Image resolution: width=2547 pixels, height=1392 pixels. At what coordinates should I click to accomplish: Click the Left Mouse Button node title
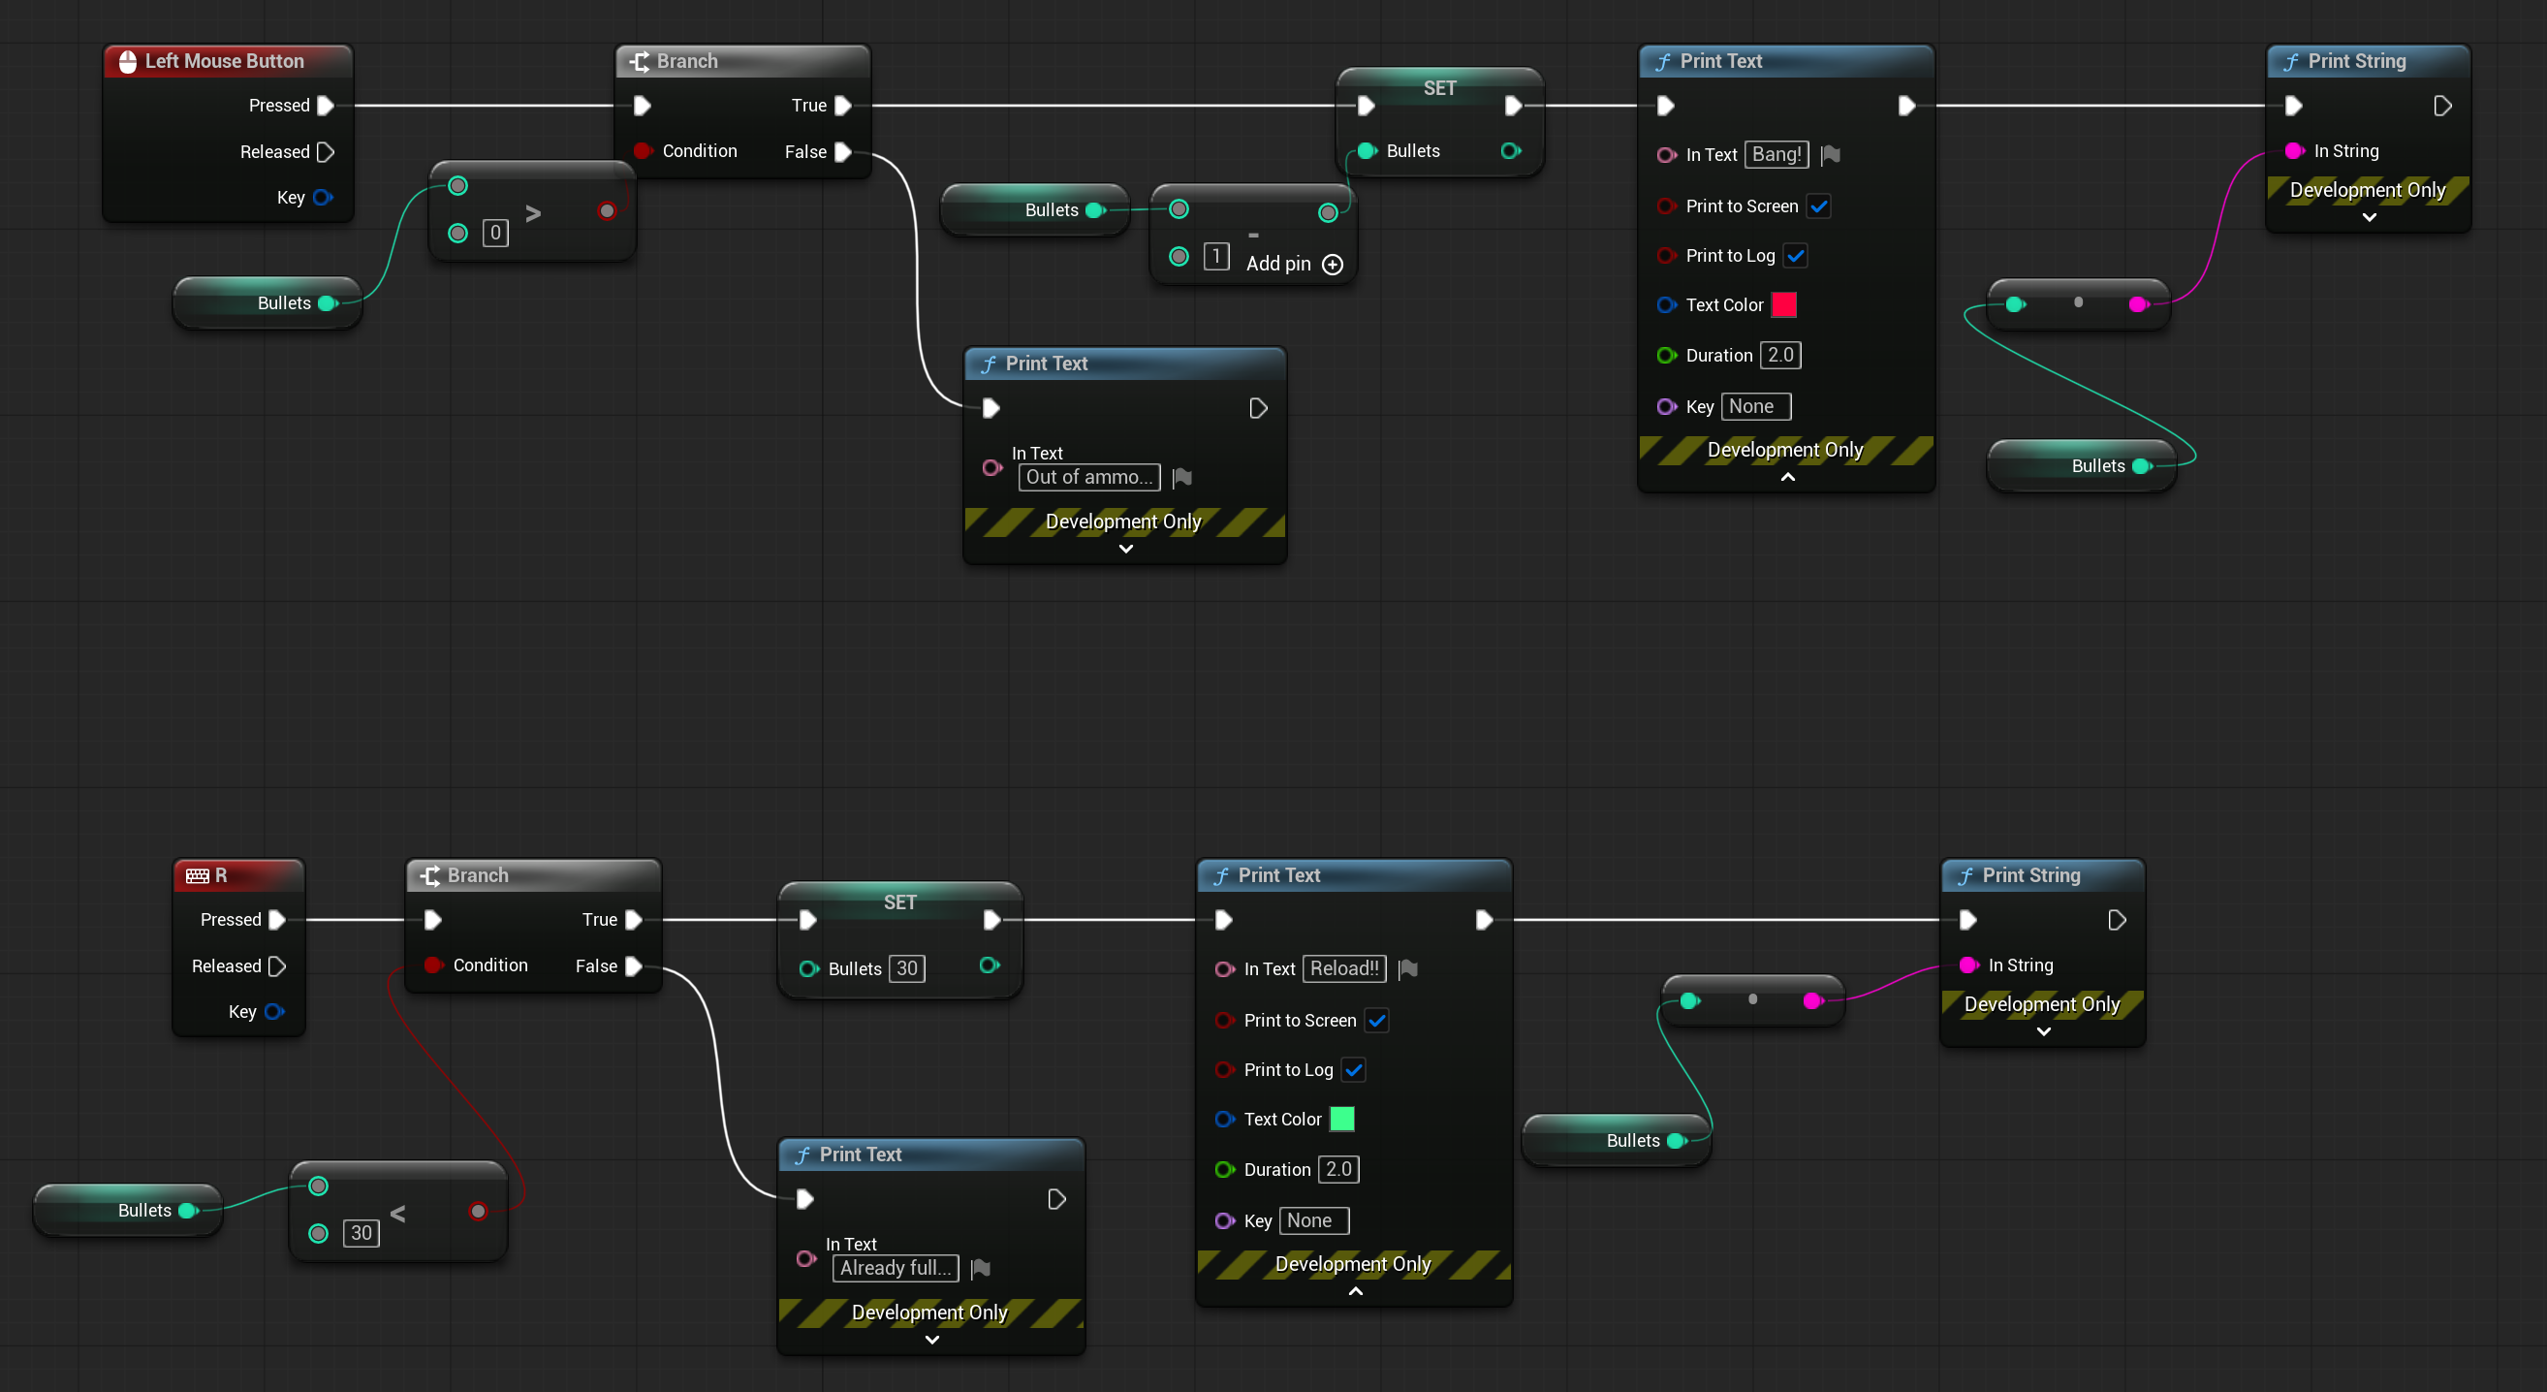225,61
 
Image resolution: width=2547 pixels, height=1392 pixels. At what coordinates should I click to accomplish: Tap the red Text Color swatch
1783,304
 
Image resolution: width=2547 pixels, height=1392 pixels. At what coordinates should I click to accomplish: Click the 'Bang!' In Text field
1776,154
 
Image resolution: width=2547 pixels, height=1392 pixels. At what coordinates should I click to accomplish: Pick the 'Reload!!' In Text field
1343,968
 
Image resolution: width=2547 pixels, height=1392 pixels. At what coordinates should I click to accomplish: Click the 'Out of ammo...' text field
1088,478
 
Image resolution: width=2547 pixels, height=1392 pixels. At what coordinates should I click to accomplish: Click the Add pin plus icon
1333,265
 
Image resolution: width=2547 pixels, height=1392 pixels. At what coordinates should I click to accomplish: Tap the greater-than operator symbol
533,213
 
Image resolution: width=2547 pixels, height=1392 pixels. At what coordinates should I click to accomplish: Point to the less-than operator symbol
397,1214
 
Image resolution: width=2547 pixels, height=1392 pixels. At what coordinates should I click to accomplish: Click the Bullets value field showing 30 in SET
907,968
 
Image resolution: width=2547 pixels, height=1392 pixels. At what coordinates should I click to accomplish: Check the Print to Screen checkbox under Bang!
1818,206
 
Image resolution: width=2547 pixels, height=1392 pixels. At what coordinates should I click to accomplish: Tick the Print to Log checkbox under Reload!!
1354,1070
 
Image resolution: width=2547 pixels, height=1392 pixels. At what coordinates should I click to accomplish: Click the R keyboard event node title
221,876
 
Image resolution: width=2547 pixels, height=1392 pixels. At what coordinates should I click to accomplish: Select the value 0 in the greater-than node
495,234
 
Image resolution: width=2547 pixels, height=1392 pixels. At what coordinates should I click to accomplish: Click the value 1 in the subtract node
1216,257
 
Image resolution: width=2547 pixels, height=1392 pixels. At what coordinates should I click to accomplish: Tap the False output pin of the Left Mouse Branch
843,152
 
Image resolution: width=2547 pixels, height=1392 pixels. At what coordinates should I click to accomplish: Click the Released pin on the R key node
278,965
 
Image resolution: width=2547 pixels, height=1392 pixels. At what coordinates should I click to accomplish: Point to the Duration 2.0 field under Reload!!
1337,1170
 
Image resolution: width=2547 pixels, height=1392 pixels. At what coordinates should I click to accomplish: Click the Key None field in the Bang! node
1756,406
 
